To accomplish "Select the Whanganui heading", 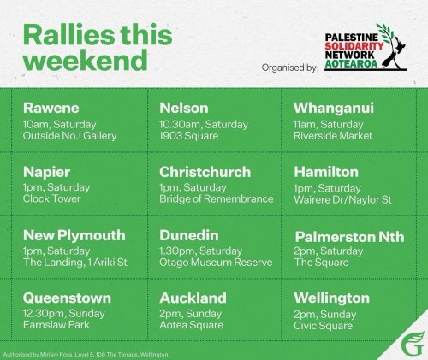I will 331,109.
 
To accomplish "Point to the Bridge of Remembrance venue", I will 216,199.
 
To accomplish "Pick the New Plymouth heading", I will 74,234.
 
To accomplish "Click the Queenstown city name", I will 65,298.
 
